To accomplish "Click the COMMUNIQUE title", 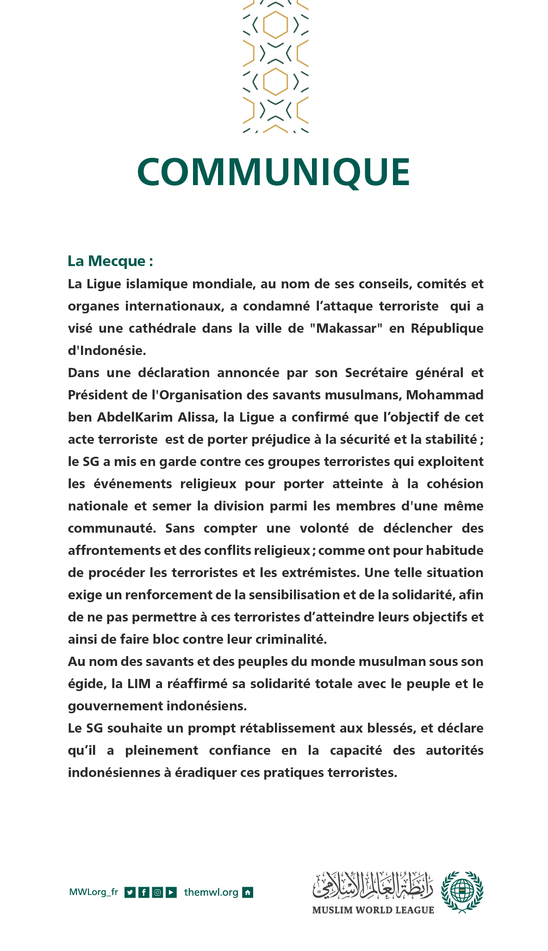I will coord(274,172).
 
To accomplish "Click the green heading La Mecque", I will coord(110,261).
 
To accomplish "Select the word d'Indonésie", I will coord(107,350).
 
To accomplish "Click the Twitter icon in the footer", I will coord(130,892).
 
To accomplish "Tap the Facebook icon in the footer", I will coord(144,892).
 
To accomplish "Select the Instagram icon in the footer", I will coord(157,892).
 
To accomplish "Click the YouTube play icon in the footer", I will coord(171,892).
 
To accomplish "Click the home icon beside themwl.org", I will coord(248,892).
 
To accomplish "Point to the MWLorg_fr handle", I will coord(93,892).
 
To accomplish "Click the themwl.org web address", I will coord(211,892).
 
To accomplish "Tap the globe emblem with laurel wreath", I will coord(461,891).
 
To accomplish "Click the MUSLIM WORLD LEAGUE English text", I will coord(373,910).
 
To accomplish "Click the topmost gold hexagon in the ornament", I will coord(276,24).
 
